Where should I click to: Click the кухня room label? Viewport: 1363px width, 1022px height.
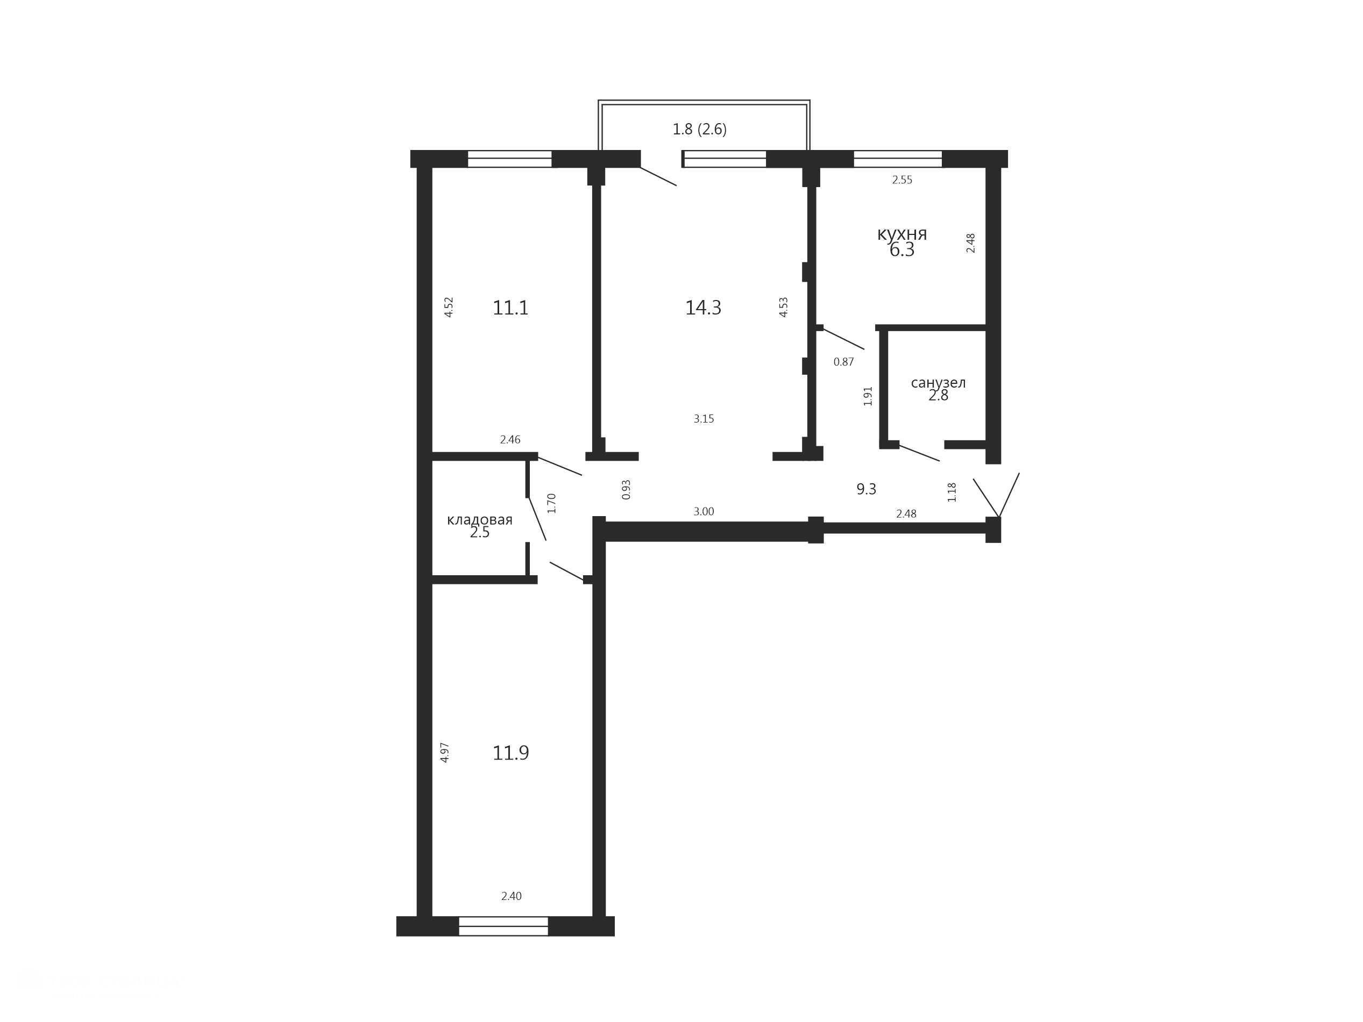click(x=901, y=234)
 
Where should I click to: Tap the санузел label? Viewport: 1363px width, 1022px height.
click(x=938, y=383)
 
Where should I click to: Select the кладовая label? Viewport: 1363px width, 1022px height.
click(x=479, y=520)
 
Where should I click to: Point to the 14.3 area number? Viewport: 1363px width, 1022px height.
click(x=703, y=308)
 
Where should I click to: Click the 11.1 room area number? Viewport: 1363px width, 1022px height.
click(x=510, y=308)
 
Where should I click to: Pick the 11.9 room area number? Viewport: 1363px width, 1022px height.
click(x=510, y=753)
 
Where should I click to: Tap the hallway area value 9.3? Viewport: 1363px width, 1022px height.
click(x=867, y=489)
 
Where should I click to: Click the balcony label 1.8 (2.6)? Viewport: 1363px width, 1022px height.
click(x=699, y=130)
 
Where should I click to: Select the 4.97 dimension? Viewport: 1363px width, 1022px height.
click(x=444, y=753)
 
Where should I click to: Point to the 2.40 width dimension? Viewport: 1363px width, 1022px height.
click(x=511, y=896)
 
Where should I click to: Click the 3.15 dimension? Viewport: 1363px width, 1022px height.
click(x=704, y=419)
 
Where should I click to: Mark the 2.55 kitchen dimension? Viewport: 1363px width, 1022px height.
click(x=902, y=180)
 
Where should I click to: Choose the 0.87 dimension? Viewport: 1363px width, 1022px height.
click(x=843, y=362)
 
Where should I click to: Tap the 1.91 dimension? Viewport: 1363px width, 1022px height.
click(x=868, y=396)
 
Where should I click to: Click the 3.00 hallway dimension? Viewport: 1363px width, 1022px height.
click(x=704, y=511)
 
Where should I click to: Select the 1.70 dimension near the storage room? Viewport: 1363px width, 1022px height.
click(x=551, y=503)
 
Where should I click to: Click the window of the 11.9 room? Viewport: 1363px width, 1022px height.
click(x=503, y=926)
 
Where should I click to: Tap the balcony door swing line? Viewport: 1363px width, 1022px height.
click(x=658, y=176)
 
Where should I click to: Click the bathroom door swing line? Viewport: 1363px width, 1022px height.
click(x=919, y=452)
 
